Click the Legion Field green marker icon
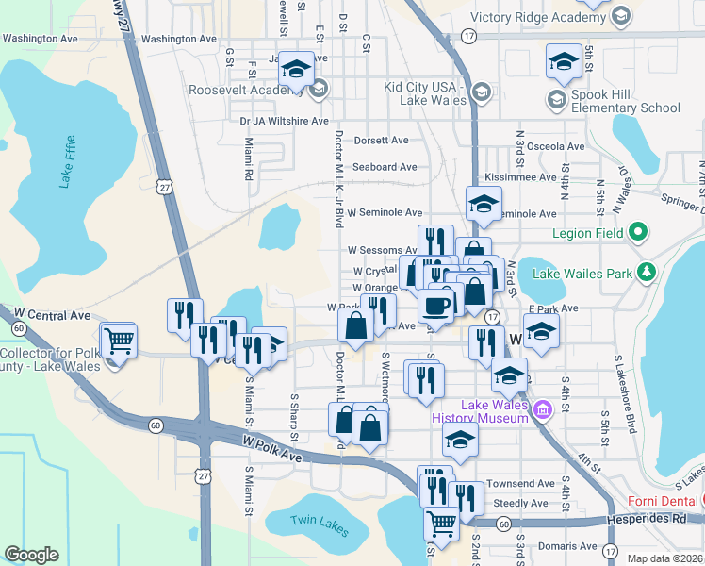pos(637,230)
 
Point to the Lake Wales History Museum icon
pos(542,410)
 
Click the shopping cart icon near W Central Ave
pos(119,341)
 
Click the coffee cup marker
pos(437,306)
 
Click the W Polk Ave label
pos(271,443)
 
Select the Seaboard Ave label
pos(385,167)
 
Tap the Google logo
pos(31,555)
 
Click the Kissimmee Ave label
pos(519,177)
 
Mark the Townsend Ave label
pos(521,483)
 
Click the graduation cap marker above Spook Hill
pos(564,62)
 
